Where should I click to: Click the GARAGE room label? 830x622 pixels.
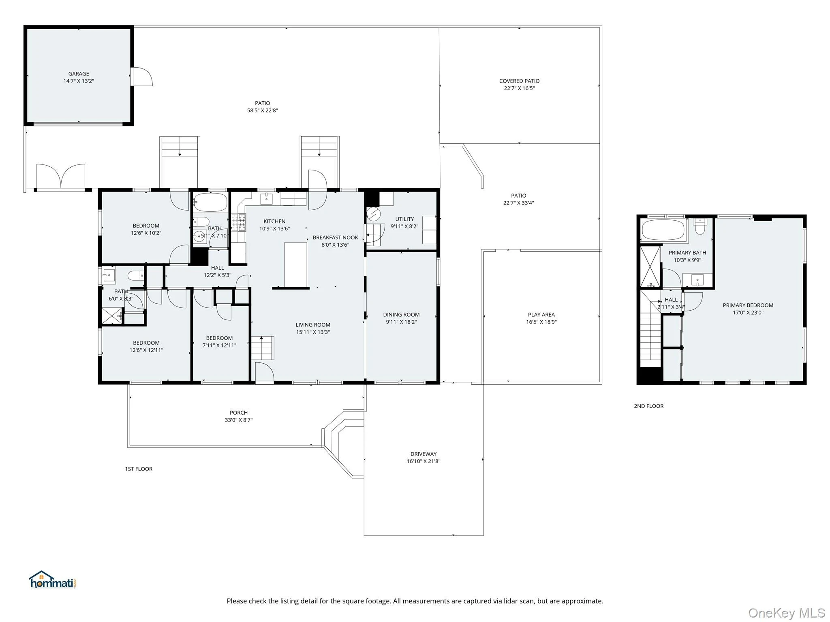click(79, 74)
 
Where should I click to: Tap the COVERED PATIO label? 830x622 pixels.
click(519, 81)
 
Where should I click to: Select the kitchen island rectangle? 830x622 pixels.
click(295, 265)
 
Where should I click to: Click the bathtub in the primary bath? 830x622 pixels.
click(663, 230)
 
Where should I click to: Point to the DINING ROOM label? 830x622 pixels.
click(401, 315)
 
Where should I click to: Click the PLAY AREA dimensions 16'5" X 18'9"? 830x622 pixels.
click(541, 322)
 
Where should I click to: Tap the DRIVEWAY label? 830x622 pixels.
click(424, 454)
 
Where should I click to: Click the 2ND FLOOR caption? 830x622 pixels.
click(649, 406)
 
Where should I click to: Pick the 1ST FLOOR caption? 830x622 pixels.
click(139, 469)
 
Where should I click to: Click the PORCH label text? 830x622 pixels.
click(239, 413)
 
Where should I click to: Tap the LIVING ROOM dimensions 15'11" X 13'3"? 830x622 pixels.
click(313, 332)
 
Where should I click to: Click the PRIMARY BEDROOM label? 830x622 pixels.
click(748, 305)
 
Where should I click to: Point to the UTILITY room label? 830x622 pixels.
click(404, 219)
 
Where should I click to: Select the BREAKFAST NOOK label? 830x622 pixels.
click(335, 238)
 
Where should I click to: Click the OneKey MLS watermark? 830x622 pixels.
click(787, 613)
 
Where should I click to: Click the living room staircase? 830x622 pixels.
click(263, 348)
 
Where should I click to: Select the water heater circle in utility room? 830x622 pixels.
click(373, 213)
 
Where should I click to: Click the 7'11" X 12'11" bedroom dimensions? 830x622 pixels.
click(219, 345)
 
